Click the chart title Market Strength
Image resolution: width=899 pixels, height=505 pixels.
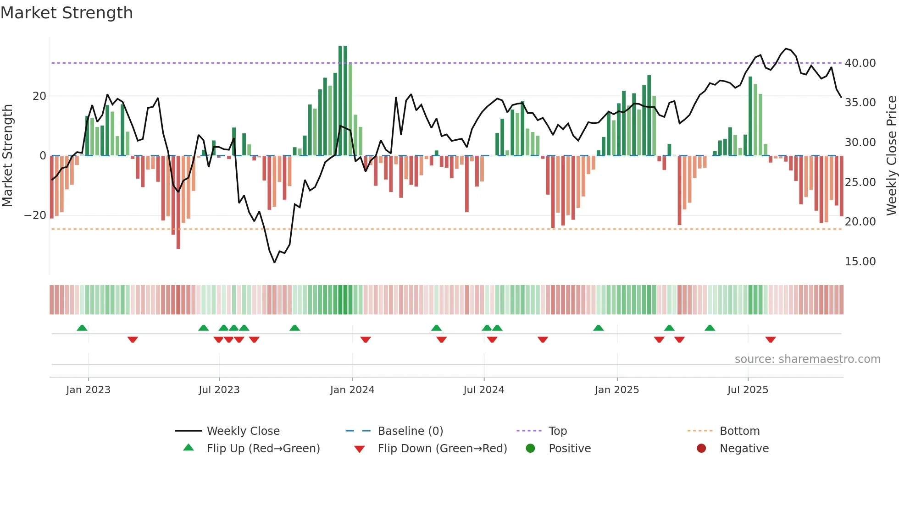pyautogui.click(x=67, y=13)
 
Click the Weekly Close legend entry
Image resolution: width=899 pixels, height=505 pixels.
pyautogui.click(x=243, y=431)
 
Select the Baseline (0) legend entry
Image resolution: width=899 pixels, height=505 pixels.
pyautogui.click(x=410, y=431)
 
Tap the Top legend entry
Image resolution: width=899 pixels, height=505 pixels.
pyautogui.click(x=557, y=431)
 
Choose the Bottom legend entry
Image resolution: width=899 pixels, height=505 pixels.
pyautogui.click(x=739, y=431)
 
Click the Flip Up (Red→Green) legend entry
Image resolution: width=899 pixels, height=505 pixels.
pyautogui.click(x=263, y=448)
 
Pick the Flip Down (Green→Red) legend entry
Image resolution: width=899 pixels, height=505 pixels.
pyautogui.click(x=442, y=448)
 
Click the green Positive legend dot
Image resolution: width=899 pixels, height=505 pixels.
pyautogui.click(x=530, y=448)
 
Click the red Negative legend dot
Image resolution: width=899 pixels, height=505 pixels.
pyautogui.click(x=701, y=448)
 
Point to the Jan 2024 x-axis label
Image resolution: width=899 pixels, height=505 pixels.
pyautogui.click(x=352, y=390)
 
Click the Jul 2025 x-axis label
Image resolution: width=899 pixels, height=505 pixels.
pyautogui.click(x=747, y=390)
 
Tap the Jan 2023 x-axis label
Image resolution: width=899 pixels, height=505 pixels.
pyautogui.click(x=88, y=390)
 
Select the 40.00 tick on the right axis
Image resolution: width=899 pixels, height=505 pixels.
pyautogui.click(x=860, y=63)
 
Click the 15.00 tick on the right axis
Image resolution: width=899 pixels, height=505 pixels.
pyautogui.click(x=860, y=261)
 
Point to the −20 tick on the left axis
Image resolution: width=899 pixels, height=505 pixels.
pyautogui.click(x=35, y=215)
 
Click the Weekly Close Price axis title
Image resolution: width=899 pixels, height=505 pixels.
pyautogui.click(x=891, y=155)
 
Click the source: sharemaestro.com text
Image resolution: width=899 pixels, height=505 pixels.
pyautogui.click(x=807, y=359)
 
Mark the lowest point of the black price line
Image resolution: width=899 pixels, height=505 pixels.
pyautogui.click(x=275, y=262)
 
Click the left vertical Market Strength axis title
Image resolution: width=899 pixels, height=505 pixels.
pyautogui.click(x=8, y=155)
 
